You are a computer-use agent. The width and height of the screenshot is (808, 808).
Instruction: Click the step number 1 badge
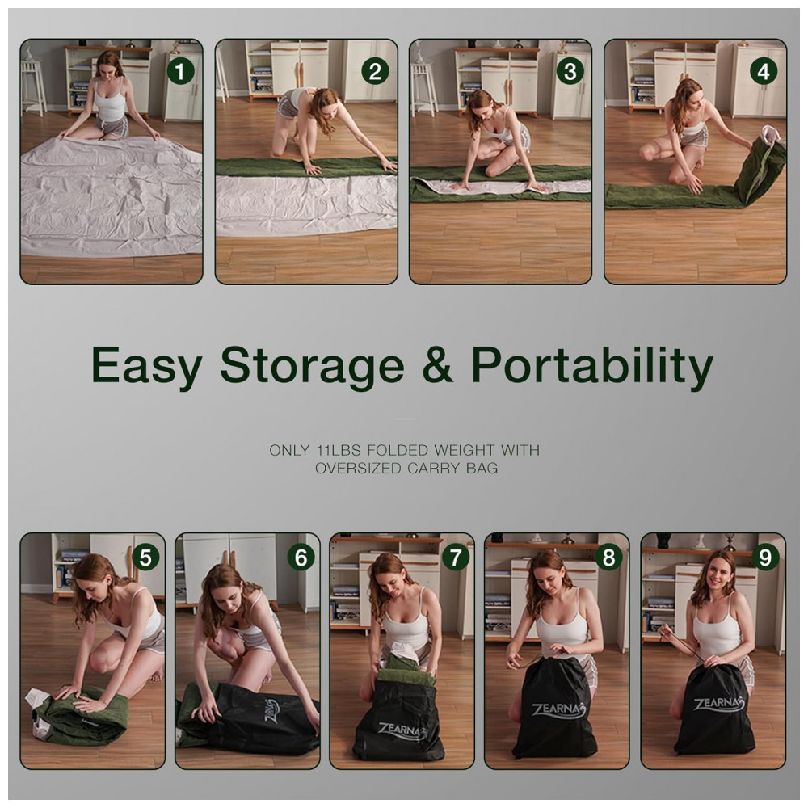point(180,71)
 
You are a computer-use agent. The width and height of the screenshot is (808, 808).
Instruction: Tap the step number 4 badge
point(764,71)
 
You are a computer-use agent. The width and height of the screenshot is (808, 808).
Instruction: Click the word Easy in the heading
point(146,366)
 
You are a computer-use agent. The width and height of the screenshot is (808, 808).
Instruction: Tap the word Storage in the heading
point(312,366)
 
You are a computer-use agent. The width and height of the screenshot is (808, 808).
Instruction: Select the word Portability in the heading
point(592,365)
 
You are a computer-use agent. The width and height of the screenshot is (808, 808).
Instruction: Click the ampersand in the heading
point(437,364)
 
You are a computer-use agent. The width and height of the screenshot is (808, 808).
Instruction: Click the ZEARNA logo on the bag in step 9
point(719,705)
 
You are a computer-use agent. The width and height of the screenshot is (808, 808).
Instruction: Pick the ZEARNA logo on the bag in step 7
point(402,730)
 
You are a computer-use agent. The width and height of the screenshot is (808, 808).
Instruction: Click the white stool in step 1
point(33,85)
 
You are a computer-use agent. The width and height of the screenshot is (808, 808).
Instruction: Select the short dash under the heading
point(403,419)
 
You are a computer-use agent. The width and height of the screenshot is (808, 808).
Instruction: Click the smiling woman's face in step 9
point(718,573)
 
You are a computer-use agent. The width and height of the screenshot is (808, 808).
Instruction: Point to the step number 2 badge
point(375,71)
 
